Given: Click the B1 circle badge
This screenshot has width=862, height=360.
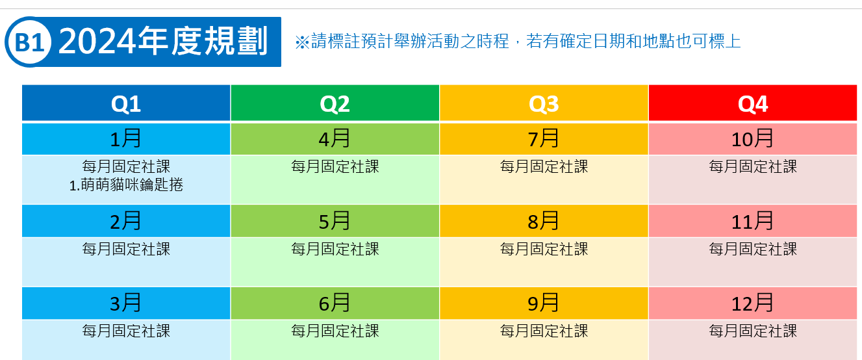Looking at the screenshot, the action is (28, 42).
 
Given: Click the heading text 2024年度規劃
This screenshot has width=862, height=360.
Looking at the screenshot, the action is (163, 41).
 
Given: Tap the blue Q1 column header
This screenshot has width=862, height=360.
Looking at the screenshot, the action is (126, 103).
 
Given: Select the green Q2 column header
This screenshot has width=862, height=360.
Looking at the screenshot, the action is (335, 103).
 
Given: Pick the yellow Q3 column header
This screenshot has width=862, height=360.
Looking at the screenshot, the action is (544, 103).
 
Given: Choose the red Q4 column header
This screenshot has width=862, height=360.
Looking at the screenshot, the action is (753, 103).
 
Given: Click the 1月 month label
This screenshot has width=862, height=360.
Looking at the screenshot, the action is (125, 138).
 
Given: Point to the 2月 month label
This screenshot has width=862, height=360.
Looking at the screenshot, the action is (125, 221).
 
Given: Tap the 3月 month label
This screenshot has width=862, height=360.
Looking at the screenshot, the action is (125, 303).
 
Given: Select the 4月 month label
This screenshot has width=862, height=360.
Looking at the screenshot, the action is (335, 138).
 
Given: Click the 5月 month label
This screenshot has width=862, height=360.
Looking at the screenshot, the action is (335, 221).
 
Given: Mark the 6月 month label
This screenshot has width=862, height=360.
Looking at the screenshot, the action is (335, 303).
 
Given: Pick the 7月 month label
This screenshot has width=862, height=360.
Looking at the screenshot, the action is (543, 138).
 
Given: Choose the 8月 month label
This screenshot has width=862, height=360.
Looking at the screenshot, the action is (543, 221).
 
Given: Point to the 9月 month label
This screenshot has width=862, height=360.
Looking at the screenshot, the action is (543, 303).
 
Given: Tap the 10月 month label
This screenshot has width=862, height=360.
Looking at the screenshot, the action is (752, 138).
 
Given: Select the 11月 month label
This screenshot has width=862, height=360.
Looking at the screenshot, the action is (752, 221).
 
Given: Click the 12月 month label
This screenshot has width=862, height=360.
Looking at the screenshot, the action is (752, 303).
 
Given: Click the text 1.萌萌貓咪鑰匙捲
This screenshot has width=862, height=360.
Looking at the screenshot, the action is (126, 185).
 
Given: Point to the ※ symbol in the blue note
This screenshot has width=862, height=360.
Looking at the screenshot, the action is (303, 42).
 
